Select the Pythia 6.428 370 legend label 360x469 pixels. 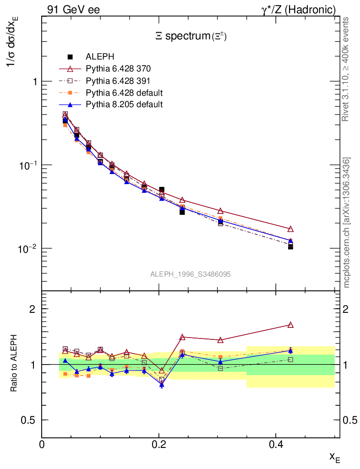coord(118,69)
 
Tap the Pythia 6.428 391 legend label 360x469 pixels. coord(118,81)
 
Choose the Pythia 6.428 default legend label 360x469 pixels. coord(124,93)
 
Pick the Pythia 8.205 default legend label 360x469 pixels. coord(124,104)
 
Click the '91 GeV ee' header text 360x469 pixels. coord(73,9)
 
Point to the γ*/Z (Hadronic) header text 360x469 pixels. coord(299,9)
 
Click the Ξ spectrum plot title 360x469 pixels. coord(191,37)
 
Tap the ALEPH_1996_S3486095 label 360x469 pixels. coord(191,274)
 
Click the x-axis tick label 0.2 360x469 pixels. coord(159,444)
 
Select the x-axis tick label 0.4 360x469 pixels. coord(276,444)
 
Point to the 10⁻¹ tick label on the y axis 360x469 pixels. coord(28,165)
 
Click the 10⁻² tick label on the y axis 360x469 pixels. coord(28,249)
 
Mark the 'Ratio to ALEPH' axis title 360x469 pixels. coord(14,365)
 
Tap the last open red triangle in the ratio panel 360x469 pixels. coord(290,325)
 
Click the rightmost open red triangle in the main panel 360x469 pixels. coord(290,229)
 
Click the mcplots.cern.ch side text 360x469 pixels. coord(347,223)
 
